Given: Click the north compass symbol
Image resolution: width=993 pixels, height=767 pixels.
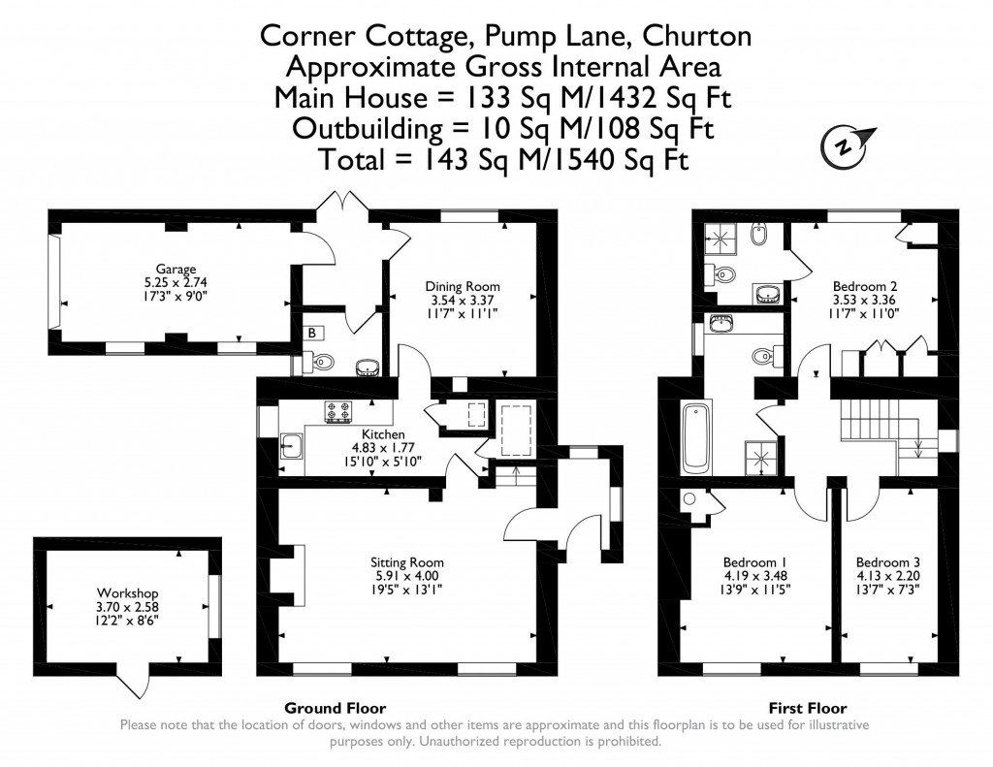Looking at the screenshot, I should (x=847, y=145).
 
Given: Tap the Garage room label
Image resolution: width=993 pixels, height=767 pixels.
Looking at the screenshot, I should (x=176, y=269).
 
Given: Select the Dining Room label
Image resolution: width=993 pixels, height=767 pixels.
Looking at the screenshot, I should (x=463, y=286).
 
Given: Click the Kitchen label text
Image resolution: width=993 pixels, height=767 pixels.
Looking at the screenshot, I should (x=383, y=434).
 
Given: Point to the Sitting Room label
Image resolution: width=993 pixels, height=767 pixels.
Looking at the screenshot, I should (x=407, y=561).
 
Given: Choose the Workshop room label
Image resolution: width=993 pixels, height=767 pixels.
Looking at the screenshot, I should (x=127, y=593).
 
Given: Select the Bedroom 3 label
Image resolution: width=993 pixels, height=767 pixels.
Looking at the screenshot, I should (x=887, y=561).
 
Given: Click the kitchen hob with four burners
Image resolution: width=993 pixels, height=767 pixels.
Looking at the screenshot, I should (x=338, y=412).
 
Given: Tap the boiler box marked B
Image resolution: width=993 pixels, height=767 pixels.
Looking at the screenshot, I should (x=311, y=333).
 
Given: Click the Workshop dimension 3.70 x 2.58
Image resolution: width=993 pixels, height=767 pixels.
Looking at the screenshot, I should (x=127, y=608).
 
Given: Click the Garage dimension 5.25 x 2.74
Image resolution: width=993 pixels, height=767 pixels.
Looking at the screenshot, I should (x=176, y=283).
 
